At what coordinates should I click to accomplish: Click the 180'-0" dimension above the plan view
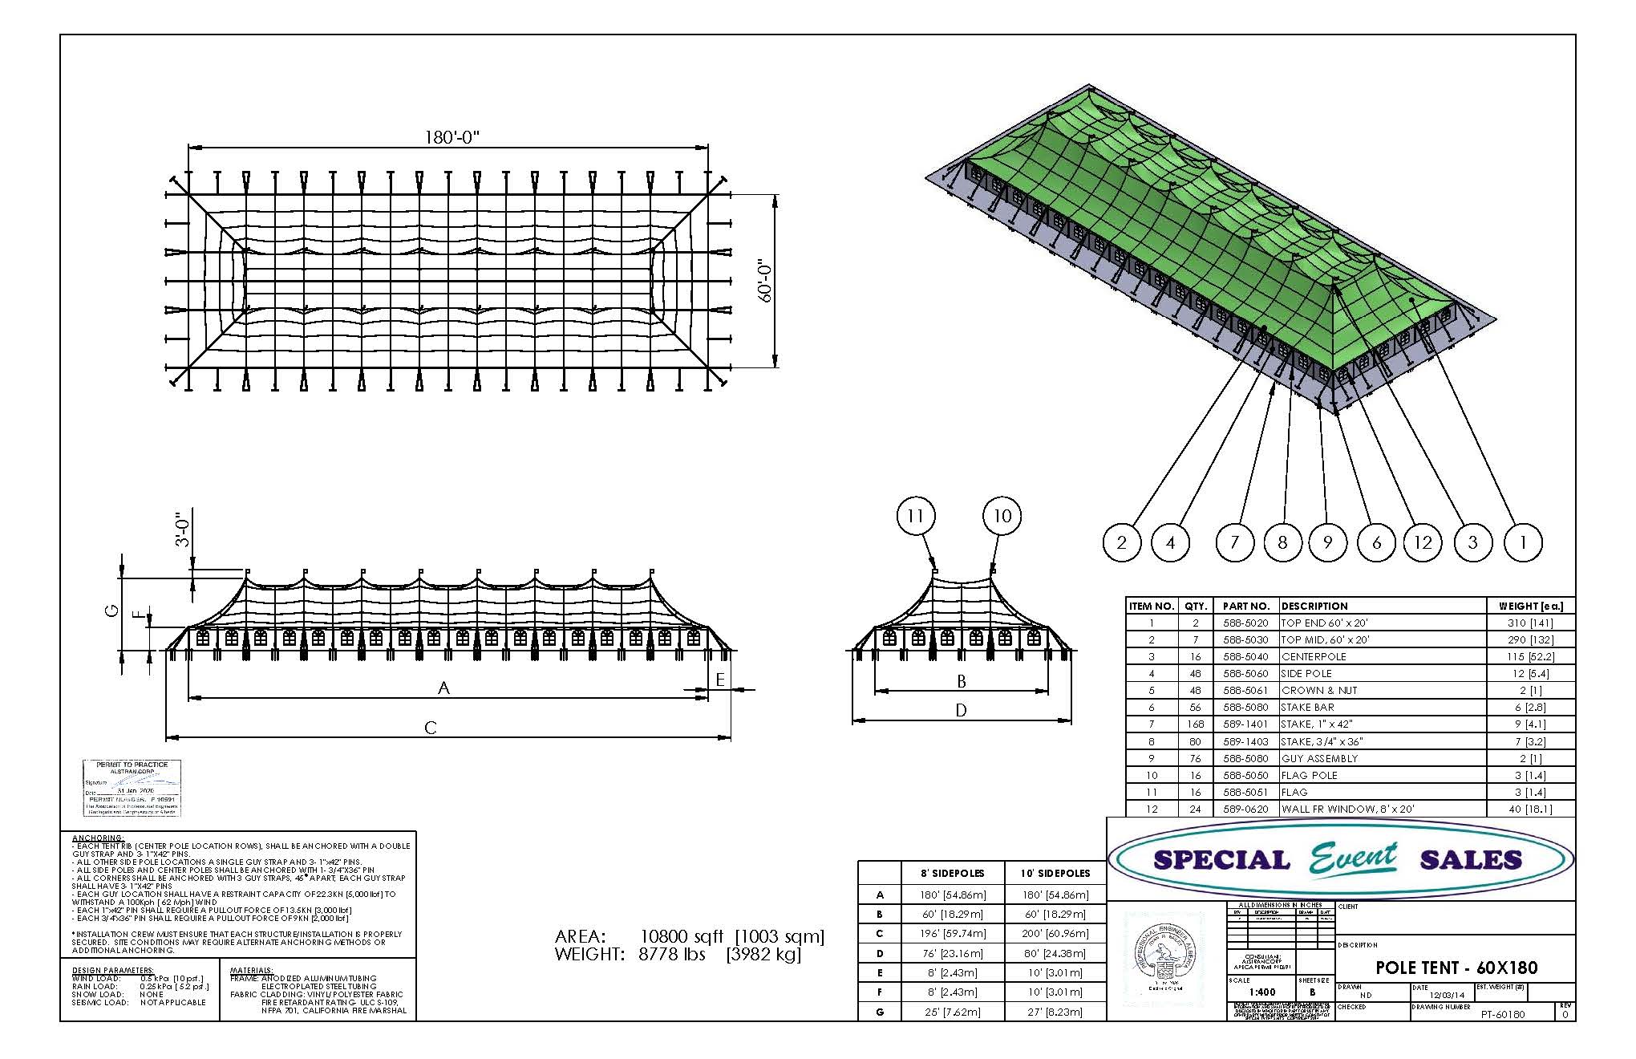(x=452, y=136)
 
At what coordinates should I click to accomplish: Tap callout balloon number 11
(x=916, y=516)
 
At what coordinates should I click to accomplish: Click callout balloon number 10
(x=1002, y=516)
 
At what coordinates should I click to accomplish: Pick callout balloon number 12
(x=1423, y=542)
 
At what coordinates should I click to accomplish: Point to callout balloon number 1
(x=1522, y=542)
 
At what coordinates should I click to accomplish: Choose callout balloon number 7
(x=1234, y=542)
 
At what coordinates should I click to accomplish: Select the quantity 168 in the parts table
(x=1195, y=724)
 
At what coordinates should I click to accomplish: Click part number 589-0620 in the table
(x=1245, y=809)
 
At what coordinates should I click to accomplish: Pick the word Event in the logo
(x=1354, y=858)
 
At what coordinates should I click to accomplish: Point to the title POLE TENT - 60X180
(x=1456, y=968)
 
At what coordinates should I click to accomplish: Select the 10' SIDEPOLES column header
(x=1055, y=873)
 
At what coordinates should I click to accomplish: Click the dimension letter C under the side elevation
(x=431, y=728)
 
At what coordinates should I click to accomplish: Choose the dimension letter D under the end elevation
(x=961, y=710)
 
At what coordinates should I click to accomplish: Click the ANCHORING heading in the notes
(x=98, y=838)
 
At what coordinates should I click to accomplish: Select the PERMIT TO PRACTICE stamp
(x=132, y=788)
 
